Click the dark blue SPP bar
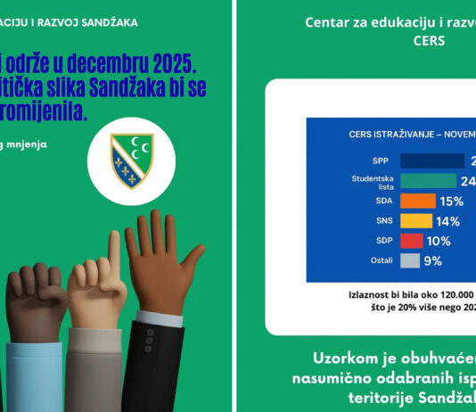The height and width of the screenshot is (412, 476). point(432,161)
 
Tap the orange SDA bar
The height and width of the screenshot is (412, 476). point(415,202)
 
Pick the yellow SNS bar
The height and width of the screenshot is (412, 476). point(416,221)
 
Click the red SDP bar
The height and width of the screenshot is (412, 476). point(411,241)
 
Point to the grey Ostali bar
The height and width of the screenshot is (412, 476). point(410,261)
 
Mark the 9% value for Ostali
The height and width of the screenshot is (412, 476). point(434,261)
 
